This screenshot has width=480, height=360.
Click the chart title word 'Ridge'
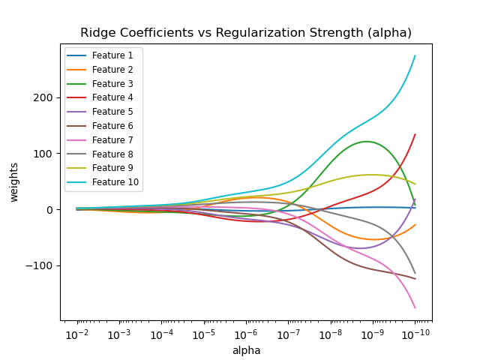pyautogui.click(x=98, y=33)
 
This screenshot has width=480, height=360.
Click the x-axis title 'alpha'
pyautogui.click(x=246, y=350)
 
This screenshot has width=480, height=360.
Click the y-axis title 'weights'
pyautogui.click(x=14, y=182)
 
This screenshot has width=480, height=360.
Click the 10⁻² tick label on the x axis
pyautogui.click(x=76, y=334)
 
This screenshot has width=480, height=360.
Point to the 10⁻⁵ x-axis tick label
pyautogui.click(x=203, y=334)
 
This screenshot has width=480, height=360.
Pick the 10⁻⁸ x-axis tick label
pyautogui.click(x=330, y=334)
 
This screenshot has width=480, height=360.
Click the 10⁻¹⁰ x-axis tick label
pyautogui.click(x=415, y=334)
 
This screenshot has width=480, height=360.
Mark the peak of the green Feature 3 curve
pyautogui.click(x=366, y=142)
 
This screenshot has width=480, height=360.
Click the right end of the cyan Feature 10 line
pyautogui.click(x=415, y=55)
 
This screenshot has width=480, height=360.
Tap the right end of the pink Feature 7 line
pyautogui.click(x=415, y=307)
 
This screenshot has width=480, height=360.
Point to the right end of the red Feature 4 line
pyautogui.click(x=415, y=135)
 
